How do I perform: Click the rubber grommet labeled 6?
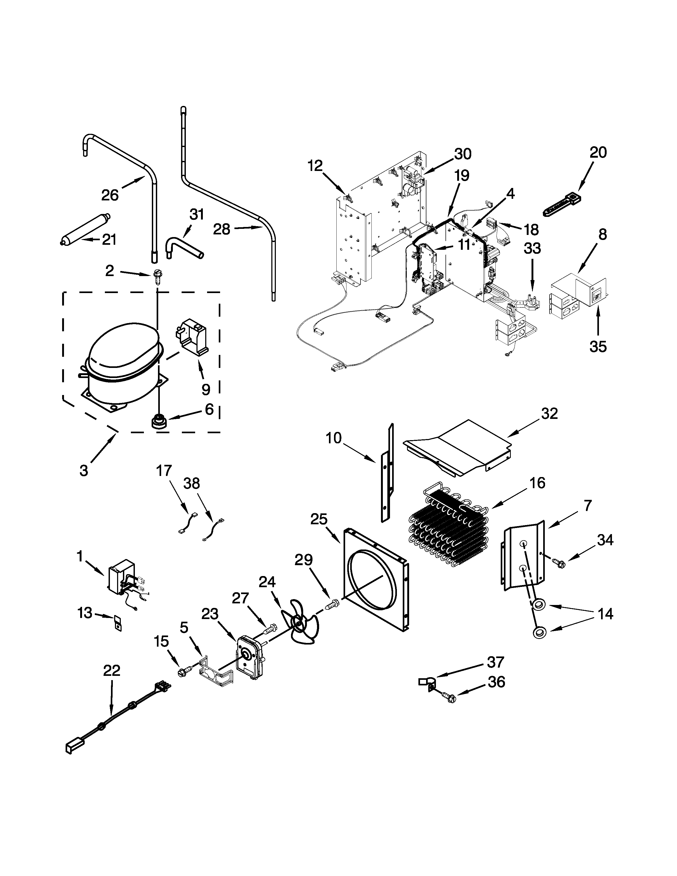coord(158,422)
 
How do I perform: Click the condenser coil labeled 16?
coord(449,530)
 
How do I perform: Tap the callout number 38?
coord(191,484)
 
